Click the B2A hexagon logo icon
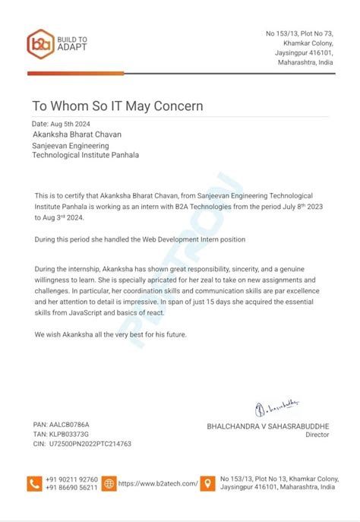[39, 43]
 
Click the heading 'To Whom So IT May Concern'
[117, 106]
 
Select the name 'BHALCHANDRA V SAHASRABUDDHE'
[268, 426]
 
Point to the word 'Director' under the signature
[317, 435]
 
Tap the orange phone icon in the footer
[35, 482]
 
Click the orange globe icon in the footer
[109, 482]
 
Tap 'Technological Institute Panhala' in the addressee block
[85, 155]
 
